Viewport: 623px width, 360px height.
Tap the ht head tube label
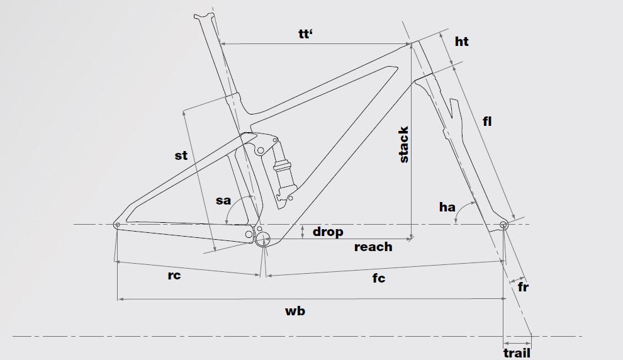click(461, 42)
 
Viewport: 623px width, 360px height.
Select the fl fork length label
click(486, 122)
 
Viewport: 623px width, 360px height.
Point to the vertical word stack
click(404, 145)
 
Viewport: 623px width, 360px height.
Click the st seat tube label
click(181, 155)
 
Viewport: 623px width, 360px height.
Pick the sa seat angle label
click(223, 201)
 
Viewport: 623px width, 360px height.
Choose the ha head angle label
click(447, 206)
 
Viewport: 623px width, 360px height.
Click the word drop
click(328, 232)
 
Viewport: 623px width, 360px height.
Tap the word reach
click(373, 247)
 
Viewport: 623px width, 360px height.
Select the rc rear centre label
click(174, 276)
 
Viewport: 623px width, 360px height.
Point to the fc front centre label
click(378, 278)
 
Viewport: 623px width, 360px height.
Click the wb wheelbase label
click(295, 311)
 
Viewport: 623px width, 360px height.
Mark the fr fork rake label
click(523, 288)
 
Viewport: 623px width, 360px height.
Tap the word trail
click(517, 352)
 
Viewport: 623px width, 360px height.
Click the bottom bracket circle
click(263, 239)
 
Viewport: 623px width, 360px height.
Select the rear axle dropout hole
click(117, 225)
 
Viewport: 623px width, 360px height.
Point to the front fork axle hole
click(503, 225)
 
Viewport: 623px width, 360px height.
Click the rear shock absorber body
click(283, 176)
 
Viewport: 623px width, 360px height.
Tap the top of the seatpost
click(203, 17)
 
